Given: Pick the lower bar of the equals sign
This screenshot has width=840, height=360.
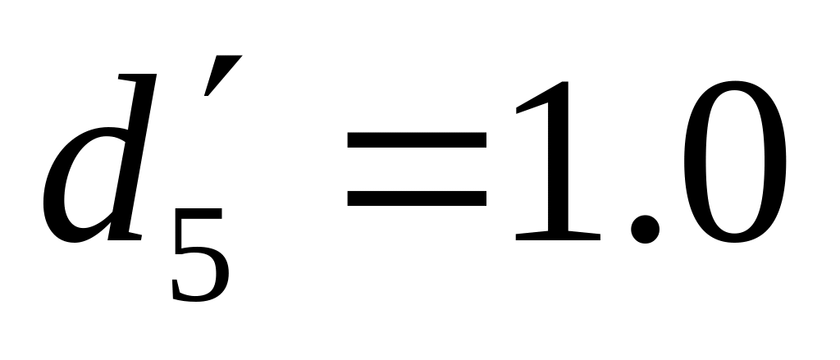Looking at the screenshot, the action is point(417,198).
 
